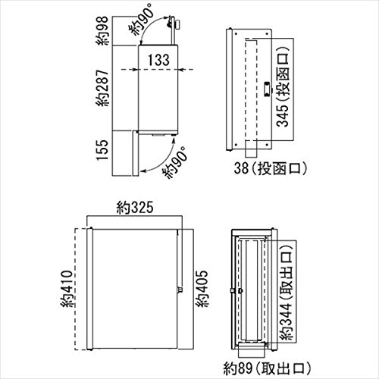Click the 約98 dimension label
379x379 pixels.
(x=103, y=31)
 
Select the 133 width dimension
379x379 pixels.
(x=158, y=60)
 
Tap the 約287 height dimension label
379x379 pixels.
(x=103, y=88)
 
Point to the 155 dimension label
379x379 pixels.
(x=102, y=150)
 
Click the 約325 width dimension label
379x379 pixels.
(x=135, y=208)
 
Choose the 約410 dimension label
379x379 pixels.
(x=67, y=289)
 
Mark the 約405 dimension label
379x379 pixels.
(x=202, y=289)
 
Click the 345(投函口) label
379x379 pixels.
(x=283, y=86)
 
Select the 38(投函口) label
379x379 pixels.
(x=271, y=168)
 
